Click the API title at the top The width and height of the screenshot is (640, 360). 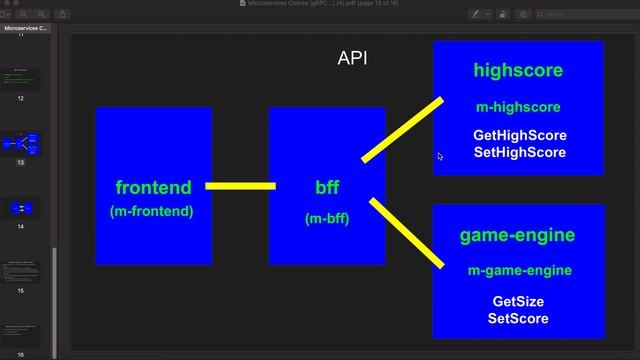pyautogui.click(x=352, y=58)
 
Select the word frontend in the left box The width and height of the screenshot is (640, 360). pyautogui.click(x=153, y=187)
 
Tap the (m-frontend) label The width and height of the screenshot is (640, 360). pyautogui.click(x=152, y=211)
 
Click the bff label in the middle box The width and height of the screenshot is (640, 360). pyautogui.click(x=327, y=187)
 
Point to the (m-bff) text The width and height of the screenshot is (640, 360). pyautogui.click(x=327, y=218)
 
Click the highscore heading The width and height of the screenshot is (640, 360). pyautogui.click(x=518, y=71)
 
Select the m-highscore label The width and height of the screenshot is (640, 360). pyautogui.click(x=518, y=107)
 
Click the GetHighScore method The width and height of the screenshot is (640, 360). pyautogui.click(x=520, y=135)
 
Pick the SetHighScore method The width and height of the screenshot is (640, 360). pyautogui.click(x=520, y=152)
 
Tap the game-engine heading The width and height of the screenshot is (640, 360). pyautogui.click(x=517, y=236)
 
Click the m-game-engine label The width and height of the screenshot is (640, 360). pyautogui.click(x=518, y=271)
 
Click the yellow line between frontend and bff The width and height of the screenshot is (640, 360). pyautogui.click(x=240, y=186)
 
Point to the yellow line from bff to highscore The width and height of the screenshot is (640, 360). pyautogui.click(x=402, y=129)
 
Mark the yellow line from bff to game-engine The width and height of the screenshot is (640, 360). pyautogui.click(x=407, y=233)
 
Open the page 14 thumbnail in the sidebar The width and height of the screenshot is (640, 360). pyautogui.click(x=20, y=208)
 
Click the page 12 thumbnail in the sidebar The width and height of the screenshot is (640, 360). pyautogui.click(x=20, y=79)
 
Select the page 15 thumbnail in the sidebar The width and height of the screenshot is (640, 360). pyautogui.click(x=20, y=270)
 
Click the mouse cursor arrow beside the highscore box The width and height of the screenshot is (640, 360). pyautogui.click(x=440, y=156)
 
